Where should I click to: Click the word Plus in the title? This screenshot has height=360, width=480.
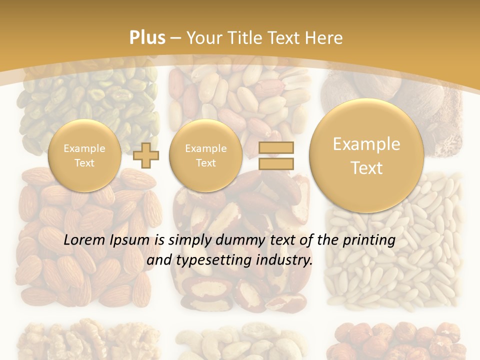[x=147, y=38]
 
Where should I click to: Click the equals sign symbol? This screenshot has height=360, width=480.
[x=275, y=156]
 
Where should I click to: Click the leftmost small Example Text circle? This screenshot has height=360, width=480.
[x=84, y=155]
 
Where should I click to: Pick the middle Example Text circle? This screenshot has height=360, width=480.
[x=205, y=155]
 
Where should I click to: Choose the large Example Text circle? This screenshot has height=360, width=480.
[x=366, y=155]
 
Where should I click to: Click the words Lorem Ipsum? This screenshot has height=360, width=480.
[x=106, y=240]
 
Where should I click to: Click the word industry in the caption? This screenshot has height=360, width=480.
[x=284, y=260]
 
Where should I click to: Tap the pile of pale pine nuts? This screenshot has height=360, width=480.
[x=395, y=280]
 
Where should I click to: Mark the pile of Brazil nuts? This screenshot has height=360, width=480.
[x=240, y=290]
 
